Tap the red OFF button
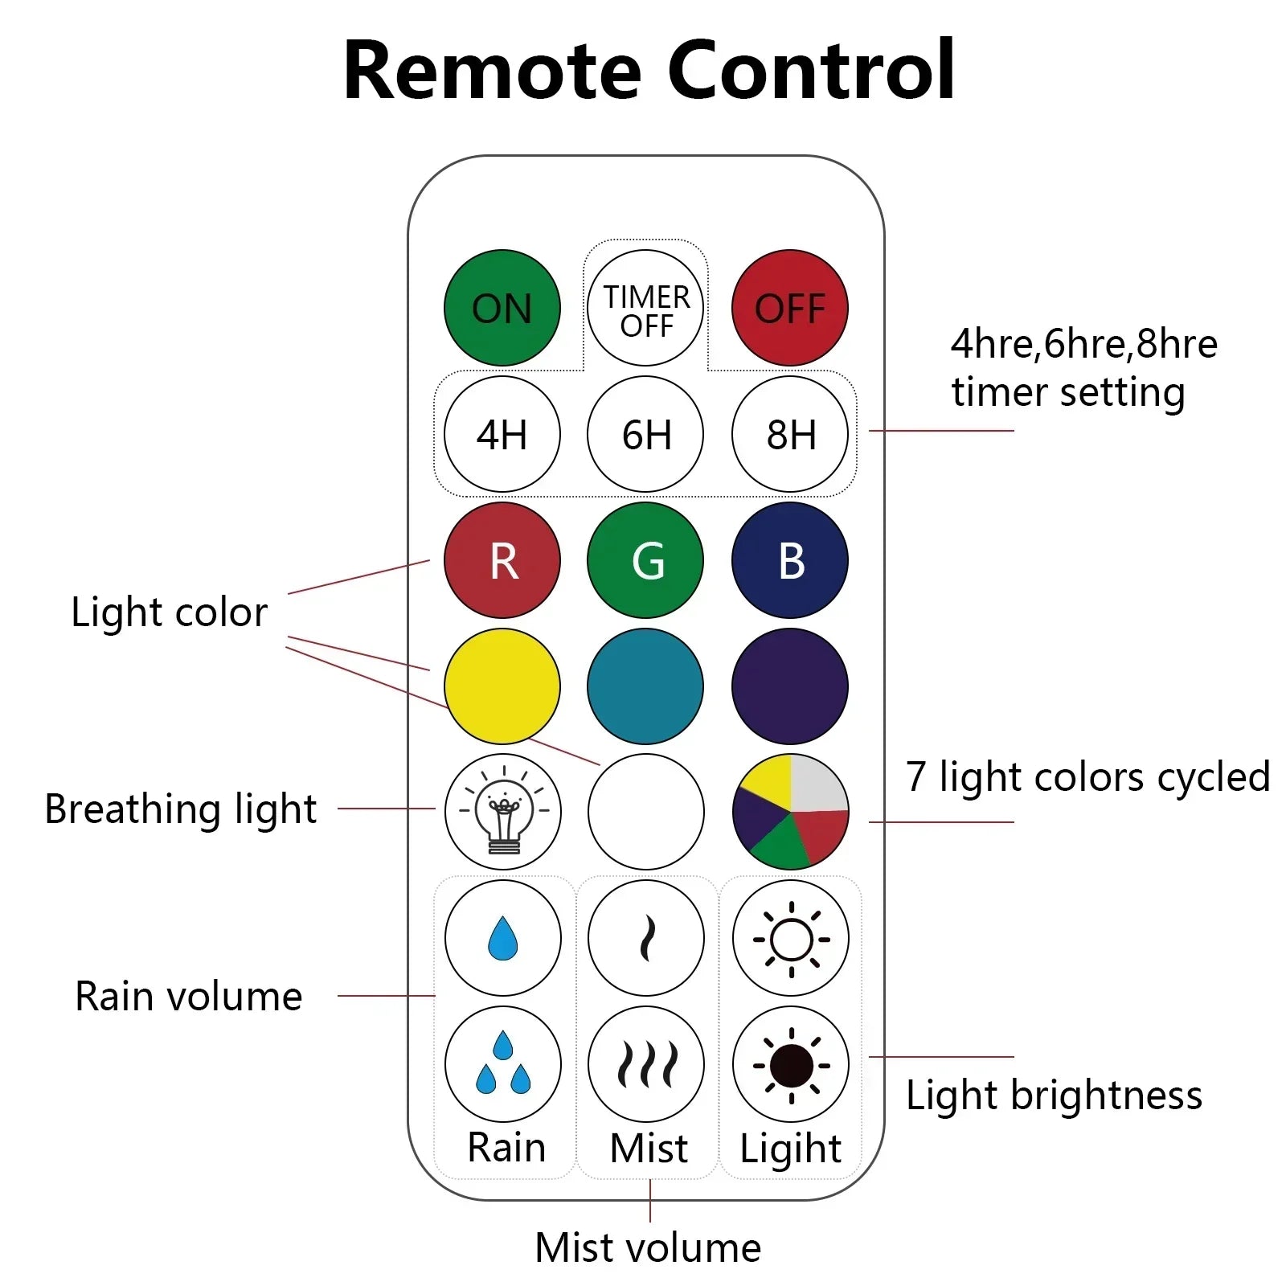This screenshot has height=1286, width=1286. pos(789,308)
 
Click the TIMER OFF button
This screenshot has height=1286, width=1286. pos(645,308)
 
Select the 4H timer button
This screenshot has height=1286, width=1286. pos(502,434)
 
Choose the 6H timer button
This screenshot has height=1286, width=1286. pos(645,434)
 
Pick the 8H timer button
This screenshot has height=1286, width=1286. pos(789,434)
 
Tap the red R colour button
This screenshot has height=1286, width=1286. pos(502,560)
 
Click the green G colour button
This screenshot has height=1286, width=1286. pos(645,560)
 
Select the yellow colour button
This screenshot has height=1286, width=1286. pos(502,686)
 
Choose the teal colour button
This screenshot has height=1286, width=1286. pos(645,686)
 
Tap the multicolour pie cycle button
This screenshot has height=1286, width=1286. pos(790,812)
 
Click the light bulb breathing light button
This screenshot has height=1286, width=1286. pos(503,812)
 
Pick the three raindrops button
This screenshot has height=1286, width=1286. pos(503,1064)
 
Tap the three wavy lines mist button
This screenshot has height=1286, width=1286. pos(646,1064)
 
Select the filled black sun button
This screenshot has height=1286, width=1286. pos(791,1064)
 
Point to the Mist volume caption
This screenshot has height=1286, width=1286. pos(648,1247)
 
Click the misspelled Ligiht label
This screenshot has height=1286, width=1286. pos(790,1148)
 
